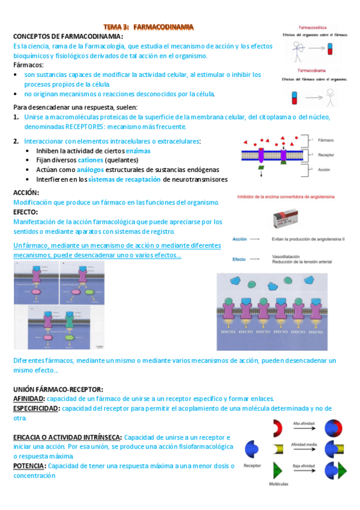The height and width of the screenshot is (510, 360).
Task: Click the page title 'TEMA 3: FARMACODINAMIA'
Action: pyautogui.click(x=148, y=27)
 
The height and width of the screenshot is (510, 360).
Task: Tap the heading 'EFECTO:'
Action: pyautogui.click(x=26, y=212)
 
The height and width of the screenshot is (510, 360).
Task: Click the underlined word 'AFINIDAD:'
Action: pyautogui.click(x=29, y=398)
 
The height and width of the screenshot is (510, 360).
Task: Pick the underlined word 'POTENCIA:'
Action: pyautogui.click(x=29, y=465)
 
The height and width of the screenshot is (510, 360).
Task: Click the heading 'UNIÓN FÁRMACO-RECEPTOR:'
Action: pyautogui.click(x=58, y=389)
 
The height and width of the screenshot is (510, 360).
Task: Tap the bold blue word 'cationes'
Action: pyautogui.click(x=90, y=160)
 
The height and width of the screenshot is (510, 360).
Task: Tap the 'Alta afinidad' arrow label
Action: pyautogui.click(x=303, y=423)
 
